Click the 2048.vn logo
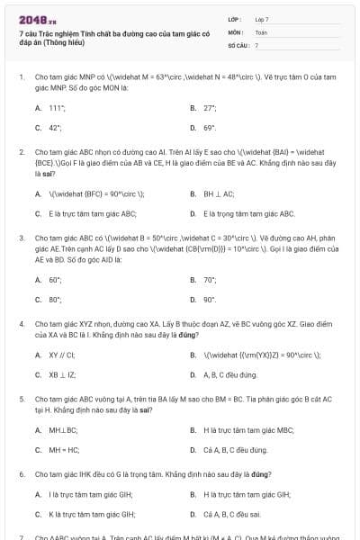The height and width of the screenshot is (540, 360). [x=35, y=18]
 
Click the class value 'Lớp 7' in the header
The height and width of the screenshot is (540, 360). [x=262, y=19]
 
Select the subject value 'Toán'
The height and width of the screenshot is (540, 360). [x=261, y=31]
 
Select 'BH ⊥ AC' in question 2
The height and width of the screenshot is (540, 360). [x=220, y=193]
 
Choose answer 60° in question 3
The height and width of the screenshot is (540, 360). [x=54, y=280]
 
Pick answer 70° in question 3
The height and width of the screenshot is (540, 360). [x=209, y=280]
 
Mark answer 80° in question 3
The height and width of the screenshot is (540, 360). [x=54, y=300]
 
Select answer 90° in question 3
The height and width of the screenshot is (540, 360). [x=209, y=300]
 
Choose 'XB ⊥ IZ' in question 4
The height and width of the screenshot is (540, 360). [x=62, y=374]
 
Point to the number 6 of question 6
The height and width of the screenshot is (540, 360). [x=22, y=472]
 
